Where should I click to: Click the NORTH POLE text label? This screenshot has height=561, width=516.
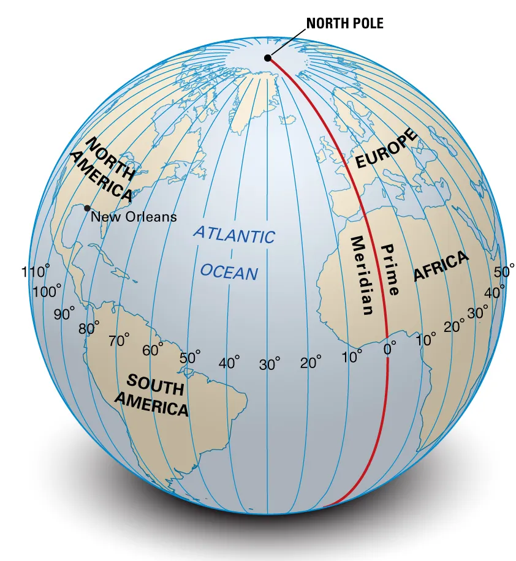[344, 24]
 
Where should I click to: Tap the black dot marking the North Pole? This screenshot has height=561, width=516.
[267, 58]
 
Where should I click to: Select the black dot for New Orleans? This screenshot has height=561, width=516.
[88, 208]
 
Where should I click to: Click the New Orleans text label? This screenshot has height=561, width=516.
[134, 217]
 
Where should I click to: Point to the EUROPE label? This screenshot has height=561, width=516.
[387, 150]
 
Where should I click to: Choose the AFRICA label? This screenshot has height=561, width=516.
[441, 266]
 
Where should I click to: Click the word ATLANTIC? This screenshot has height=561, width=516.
[235, 235]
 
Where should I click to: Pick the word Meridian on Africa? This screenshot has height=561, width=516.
[361, 275]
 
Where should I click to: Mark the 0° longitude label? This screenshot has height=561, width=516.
[389, 349]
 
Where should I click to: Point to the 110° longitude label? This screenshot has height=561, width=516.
[36, 272]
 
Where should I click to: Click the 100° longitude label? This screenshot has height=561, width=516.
[47, 292]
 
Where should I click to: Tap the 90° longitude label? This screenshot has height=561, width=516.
[64, 314]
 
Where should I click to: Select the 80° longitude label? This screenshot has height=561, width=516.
[89, 328]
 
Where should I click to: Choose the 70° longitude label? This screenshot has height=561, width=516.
[119, 341]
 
